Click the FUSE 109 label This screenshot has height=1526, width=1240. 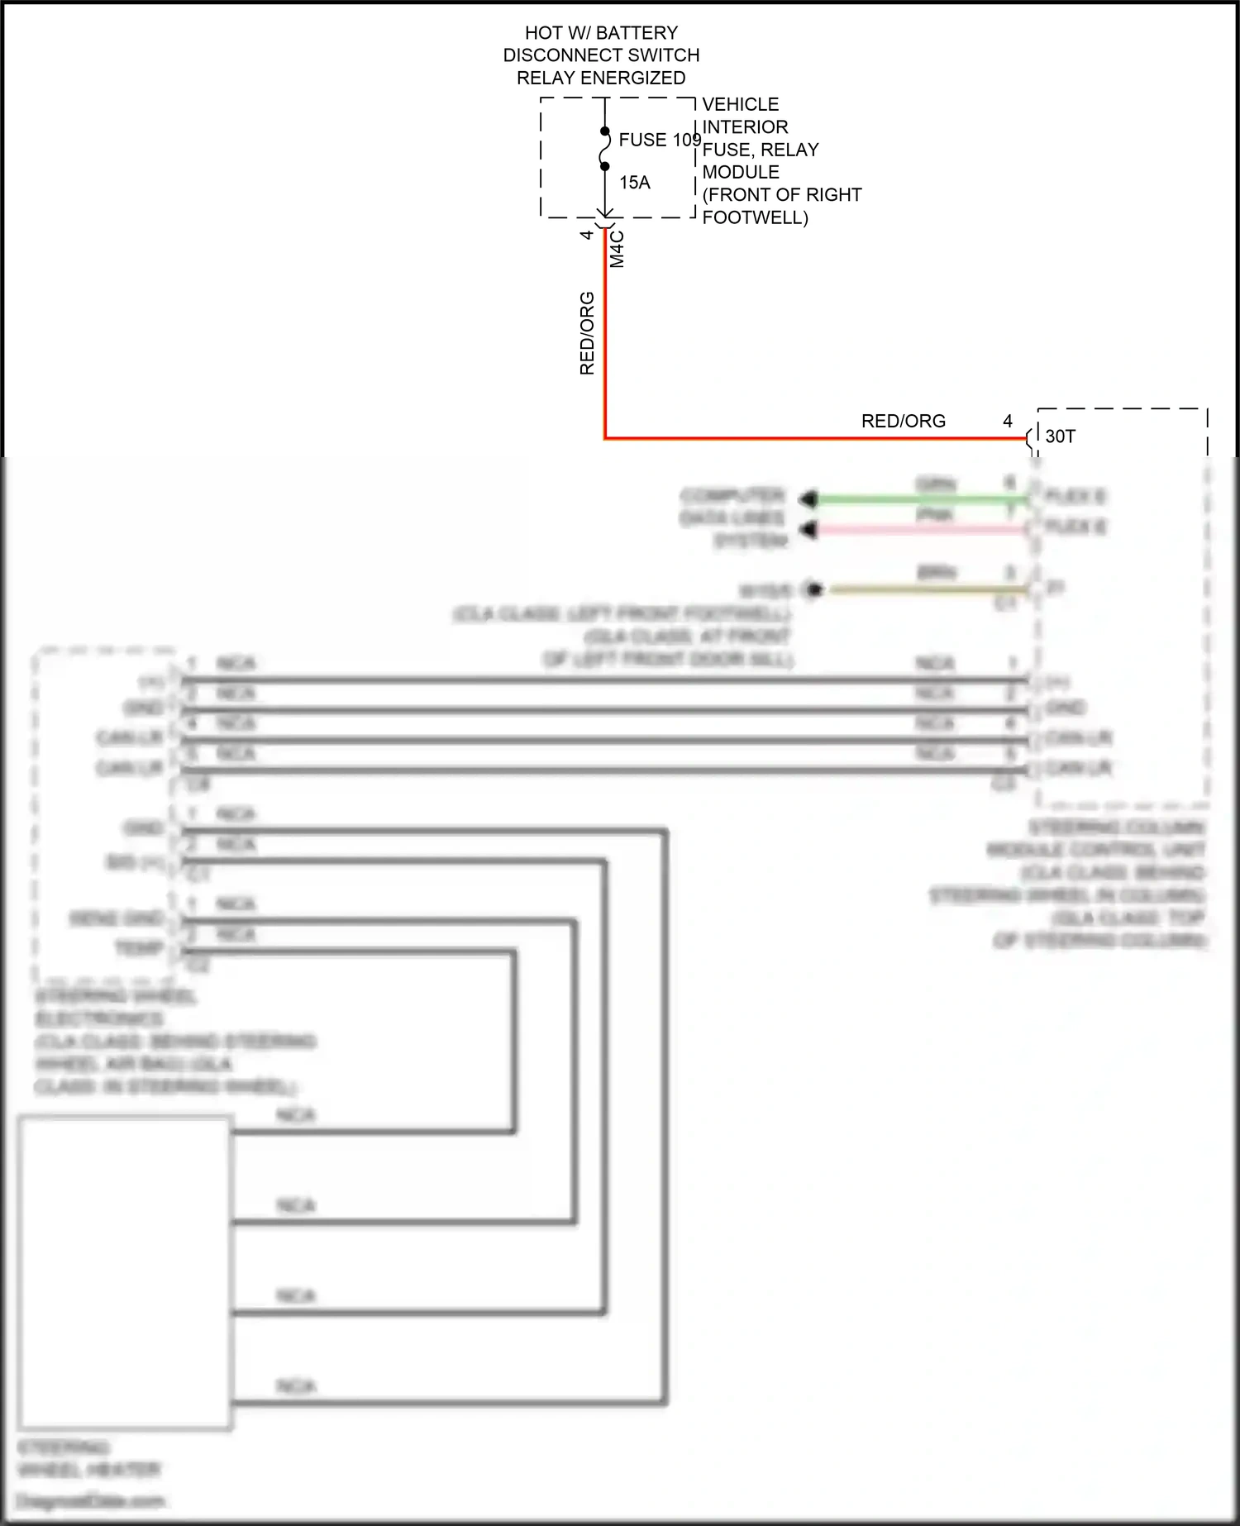click(x=659, y=140)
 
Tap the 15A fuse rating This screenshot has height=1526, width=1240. click(x=635, y=183)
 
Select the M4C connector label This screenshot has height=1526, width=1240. click(x=618, y=249)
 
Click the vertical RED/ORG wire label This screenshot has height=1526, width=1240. click(x=587, y=333)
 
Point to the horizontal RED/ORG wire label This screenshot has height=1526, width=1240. click(x=903, y=421)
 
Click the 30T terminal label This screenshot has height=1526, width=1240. click(x=1060, y=436)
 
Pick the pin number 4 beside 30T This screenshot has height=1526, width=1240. click(x=1008, y=421)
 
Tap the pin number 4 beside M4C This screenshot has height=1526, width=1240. click(x=587, y=235)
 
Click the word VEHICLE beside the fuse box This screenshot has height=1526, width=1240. click(x=741, y=104)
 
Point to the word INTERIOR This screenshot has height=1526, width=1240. click(x=745, y=127)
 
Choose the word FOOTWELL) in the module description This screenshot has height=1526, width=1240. click(x=755, y=217)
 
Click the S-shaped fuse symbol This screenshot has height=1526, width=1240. click(x=604, y=150)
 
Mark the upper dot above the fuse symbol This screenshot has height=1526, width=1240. click(x=604, y=131)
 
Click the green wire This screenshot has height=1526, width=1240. click(x=918, y=499)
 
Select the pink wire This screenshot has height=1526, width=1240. click(x=918, y=529)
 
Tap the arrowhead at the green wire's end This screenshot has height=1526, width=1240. click(x=808, y=499)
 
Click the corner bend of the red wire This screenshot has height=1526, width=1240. click(x=605, y=438)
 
